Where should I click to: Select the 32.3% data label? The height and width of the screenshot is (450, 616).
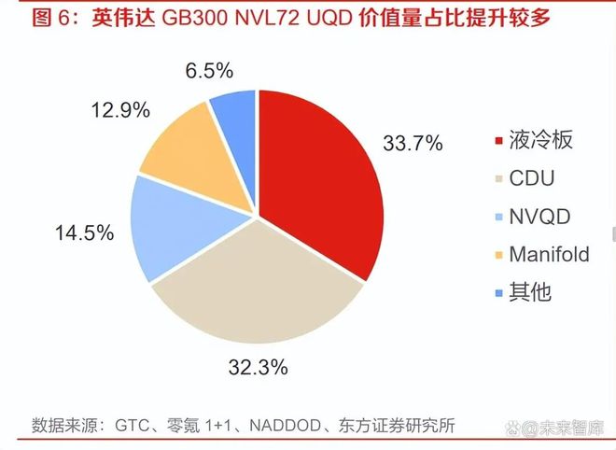(257, 368)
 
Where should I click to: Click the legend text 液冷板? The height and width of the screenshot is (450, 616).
(541, 141)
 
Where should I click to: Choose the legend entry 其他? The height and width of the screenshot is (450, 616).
(531, 291)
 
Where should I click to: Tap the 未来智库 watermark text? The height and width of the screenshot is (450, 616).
(567, 427)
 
